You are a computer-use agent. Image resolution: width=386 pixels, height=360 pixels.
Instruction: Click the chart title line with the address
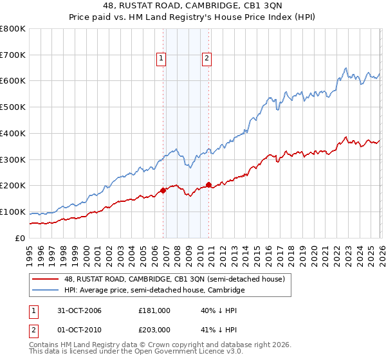pyautogui.click(x=193, y=6)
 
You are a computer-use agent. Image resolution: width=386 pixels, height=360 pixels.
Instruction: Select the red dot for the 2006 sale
pyautogui.click(x=163, y=190)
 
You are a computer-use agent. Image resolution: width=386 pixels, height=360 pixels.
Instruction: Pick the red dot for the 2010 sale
pyautogui.click(x=208, y=184)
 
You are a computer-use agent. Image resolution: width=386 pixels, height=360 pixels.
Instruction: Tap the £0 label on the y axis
pyautogui.click(x=19, y=239)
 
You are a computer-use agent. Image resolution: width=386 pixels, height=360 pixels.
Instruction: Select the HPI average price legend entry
pyautogui.click(x=154, y=291)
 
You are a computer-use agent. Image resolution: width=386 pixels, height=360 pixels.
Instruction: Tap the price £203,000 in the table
pyautogui.click(x=154, y=330)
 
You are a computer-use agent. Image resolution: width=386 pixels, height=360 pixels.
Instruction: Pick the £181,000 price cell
pyautogui.click(x=154, y=310)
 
